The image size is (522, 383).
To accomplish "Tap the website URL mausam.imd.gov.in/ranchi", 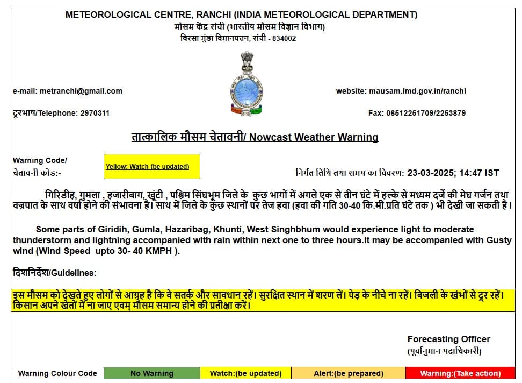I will [417, 91].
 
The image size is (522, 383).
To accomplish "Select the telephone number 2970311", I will [95, 113].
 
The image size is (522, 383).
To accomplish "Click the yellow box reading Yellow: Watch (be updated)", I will [151, 166].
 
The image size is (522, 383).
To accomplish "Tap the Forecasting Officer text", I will [448, 339].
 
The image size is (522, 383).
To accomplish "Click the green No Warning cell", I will [151, 373].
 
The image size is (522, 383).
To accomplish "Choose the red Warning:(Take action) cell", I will [460, 373].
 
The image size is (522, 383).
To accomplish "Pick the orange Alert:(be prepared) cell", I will [349, 373].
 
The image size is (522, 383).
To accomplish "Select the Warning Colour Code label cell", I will [57, 373].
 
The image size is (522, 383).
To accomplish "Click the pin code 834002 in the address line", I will [283, 38].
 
